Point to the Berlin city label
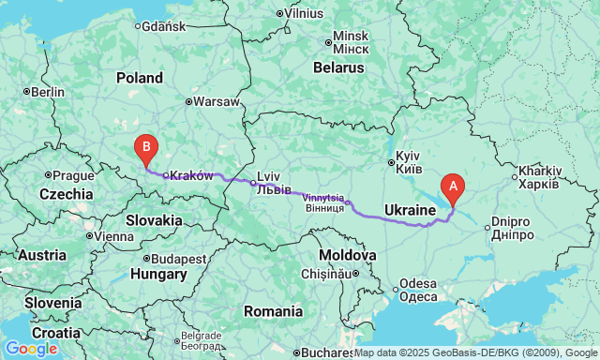[47, 92]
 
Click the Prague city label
[73, 175]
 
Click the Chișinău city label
[328, 273]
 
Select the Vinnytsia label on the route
[323, 198]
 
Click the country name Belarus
[338, 68]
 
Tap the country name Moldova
[346, 255]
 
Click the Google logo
[31, 349]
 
